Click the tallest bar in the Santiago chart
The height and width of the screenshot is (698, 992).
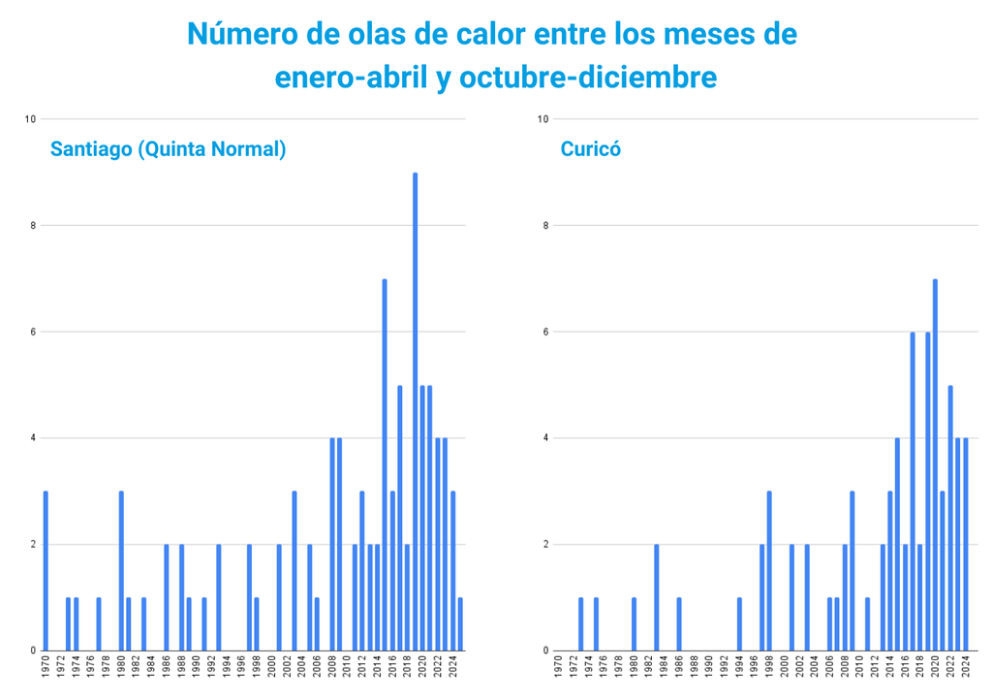415,412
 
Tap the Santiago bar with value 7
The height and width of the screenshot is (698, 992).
385,465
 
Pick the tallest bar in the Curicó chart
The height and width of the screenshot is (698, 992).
935,465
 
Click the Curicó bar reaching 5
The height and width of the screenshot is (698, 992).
950,518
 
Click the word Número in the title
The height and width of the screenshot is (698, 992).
236,34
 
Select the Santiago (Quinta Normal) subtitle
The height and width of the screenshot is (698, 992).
168,149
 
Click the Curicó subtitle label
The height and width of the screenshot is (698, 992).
590,149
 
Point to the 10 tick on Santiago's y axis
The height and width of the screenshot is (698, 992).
30,119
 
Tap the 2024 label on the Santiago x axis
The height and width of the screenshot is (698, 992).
452,671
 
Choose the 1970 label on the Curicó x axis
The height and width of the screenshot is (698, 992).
559,671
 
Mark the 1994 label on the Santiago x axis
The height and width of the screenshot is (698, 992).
227,671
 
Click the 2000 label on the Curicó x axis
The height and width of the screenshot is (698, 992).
785,671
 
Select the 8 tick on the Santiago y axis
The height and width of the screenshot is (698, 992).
32,226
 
